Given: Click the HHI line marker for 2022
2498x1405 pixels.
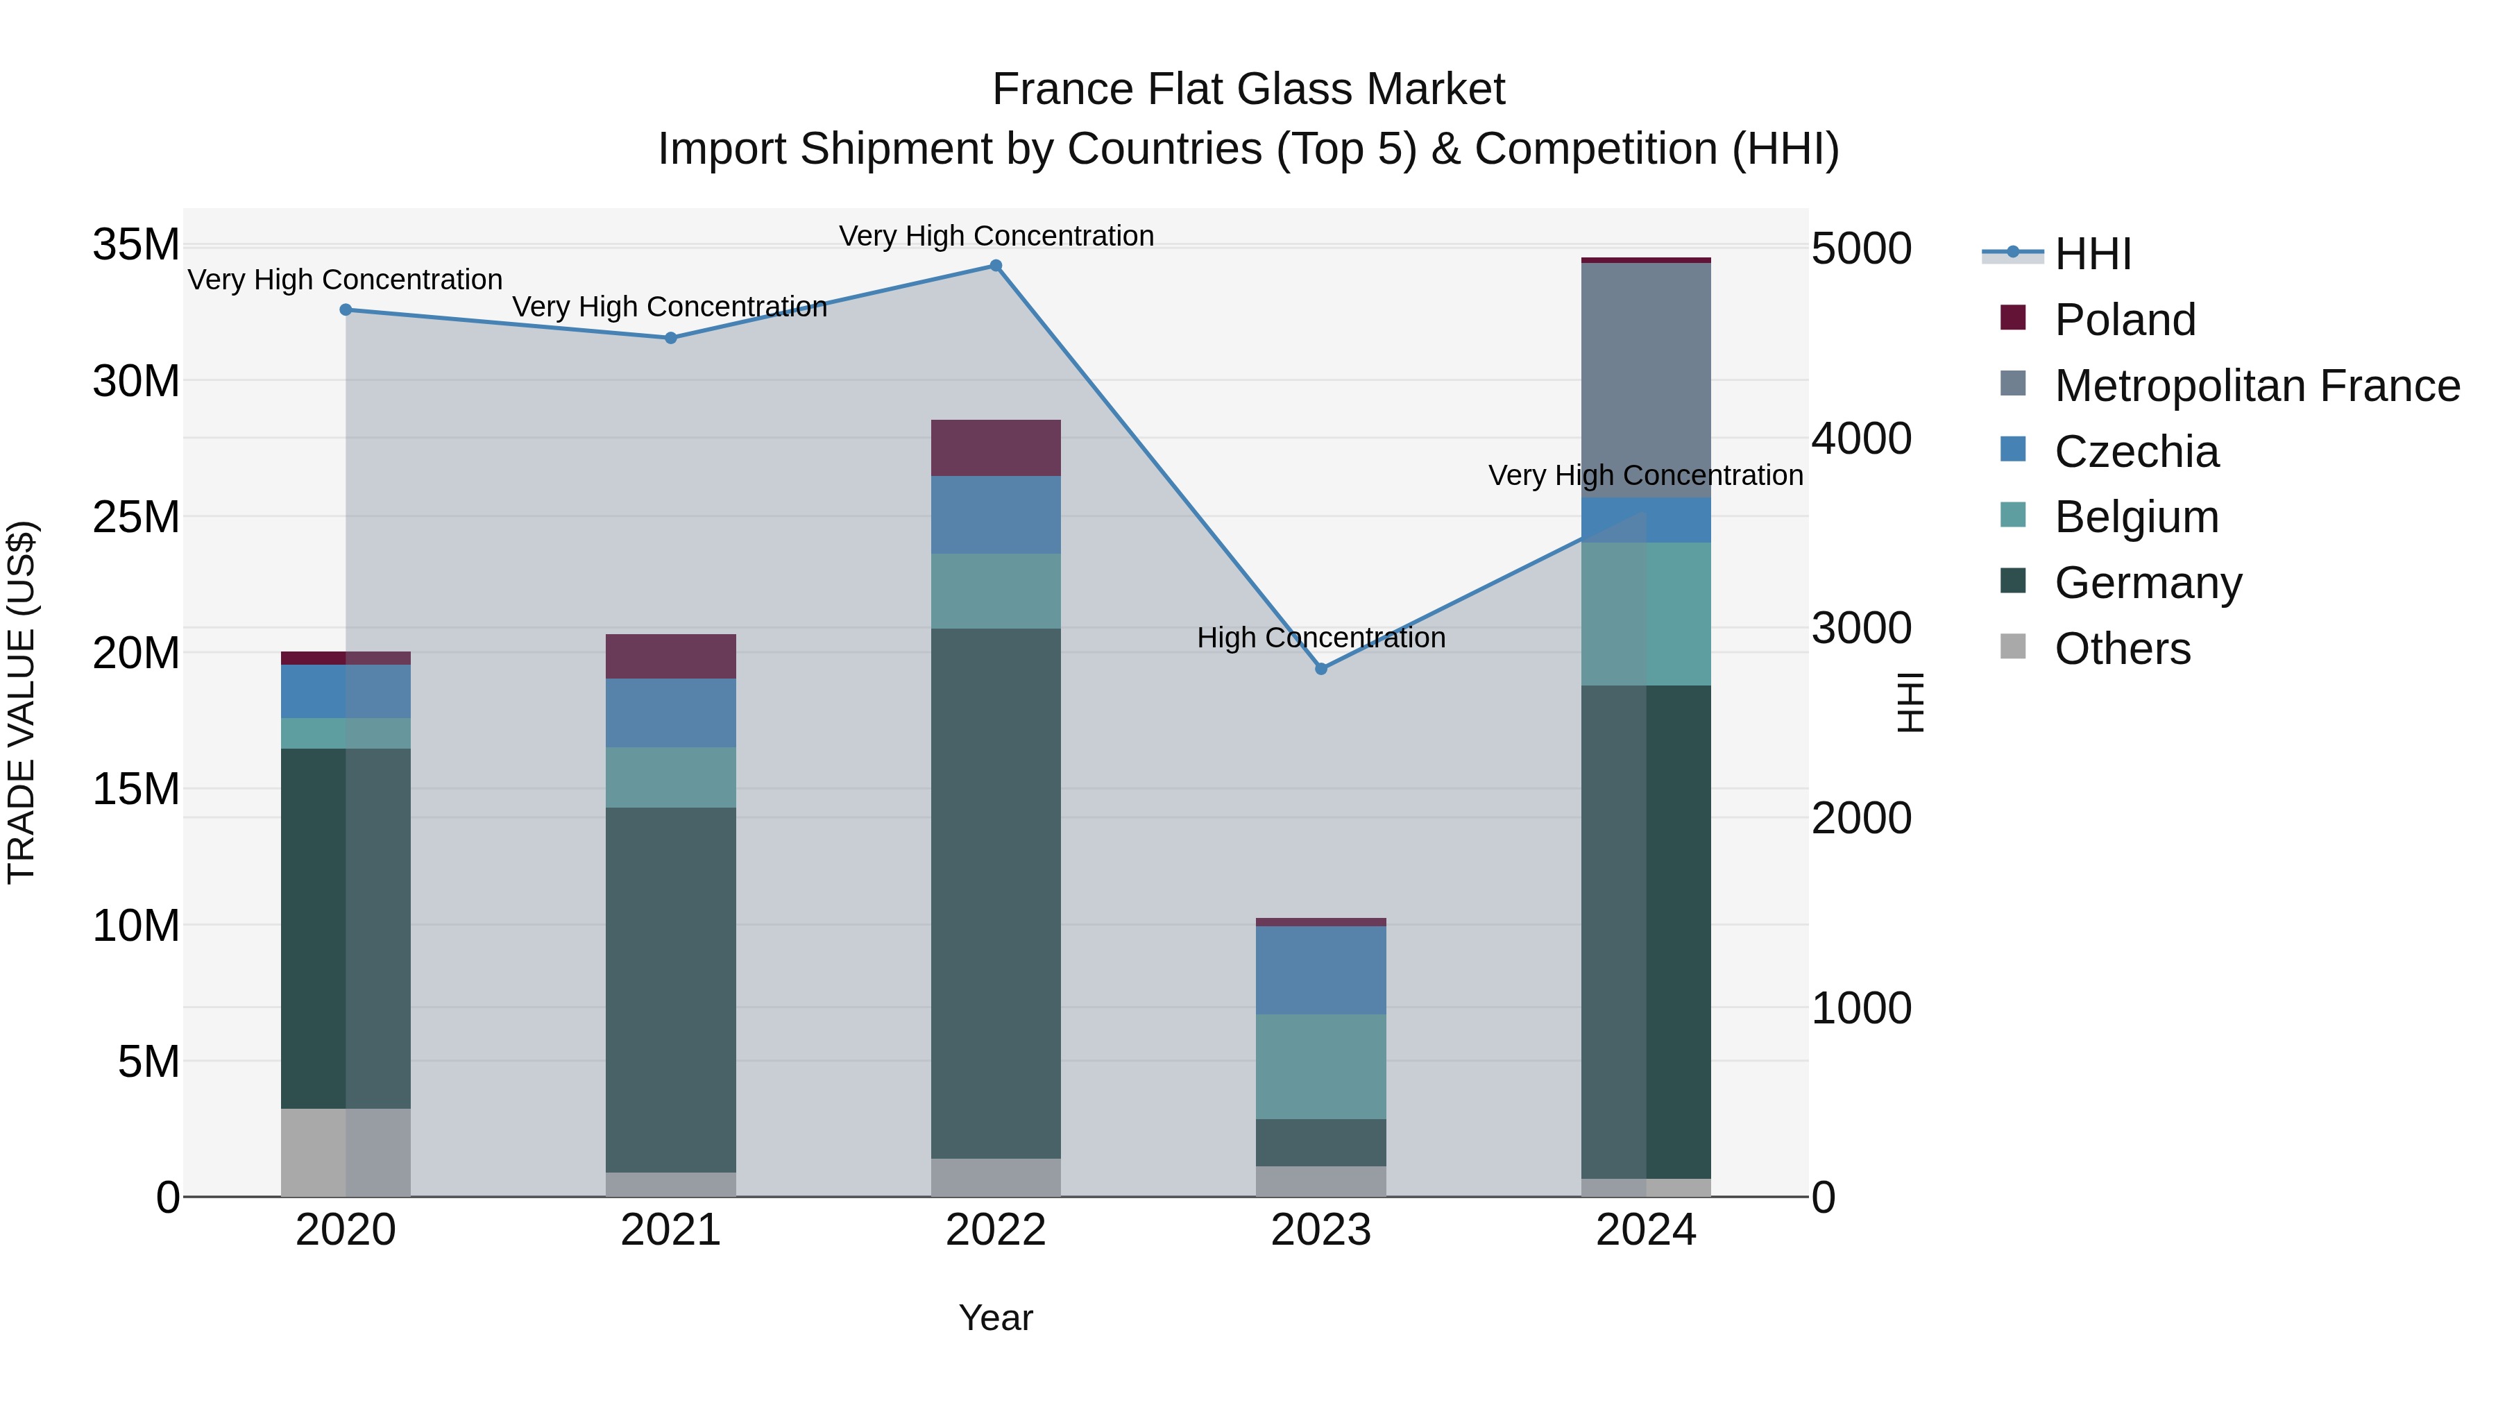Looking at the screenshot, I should [x=995, y=266].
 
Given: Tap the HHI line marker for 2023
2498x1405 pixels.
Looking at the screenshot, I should [x=1320, y=669].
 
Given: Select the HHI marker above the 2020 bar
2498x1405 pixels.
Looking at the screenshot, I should [x=346, y=310].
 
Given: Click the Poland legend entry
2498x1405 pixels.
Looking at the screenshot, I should [x=2124, y=320].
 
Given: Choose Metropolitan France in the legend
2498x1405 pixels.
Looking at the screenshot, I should [x=2257, y=386].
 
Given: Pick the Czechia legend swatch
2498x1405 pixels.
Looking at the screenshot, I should [x=2013, y=450].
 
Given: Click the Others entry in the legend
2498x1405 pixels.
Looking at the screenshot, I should [x=2122, y=649].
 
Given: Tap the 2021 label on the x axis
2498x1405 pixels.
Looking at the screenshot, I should [x=670, y=1230].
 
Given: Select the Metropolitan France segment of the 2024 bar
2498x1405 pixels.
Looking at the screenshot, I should [x=1646, y=380].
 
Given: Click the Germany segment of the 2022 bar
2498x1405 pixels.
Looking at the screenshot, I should [x=995, y=892].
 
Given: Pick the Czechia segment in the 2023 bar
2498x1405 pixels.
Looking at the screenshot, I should [x=1320, y=970].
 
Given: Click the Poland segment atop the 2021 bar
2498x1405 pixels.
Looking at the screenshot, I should [x=670, y=656].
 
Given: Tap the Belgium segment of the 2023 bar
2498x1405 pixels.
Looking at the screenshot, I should [x=1320, y=1066].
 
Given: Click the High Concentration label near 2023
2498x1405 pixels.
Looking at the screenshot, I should [x=1320, y=638].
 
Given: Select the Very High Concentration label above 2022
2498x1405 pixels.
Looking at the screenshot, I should [x=996, y=236].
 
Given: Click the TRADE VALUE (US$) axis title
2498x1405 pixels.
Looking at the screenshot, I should [x=22, y=702].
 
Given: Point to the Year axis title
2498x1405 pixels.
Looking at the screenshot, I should [x=995, y=1318].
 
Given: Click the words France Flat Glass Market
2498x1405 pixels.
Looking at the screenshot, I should [x=1248, y=90].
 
